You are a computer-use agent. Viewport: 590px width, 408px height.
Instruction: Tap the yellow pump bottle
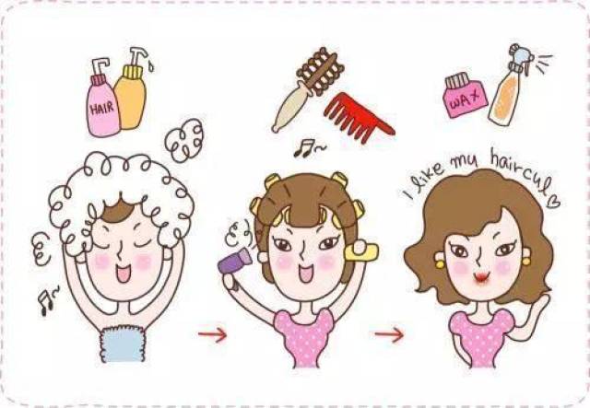pyautogui.click(x=131, y=94)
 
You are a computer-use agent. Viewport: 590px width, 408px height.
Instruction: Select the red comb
pyautogui.click(x=357, y=117)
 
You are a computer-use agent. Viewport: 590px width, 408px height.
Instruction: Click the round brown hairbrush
pyautogui.click(x=307, y=88)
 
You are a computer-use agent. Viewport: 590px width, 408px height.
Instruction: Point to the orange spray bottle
pyautogui.click(x=508, y=90)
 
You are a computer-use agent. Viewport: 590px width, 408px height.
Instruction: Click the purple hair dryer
pyautogui.click(x=234, y=261)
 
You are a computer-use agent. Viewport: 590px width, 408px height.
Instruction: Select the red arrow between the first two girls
pyautogui.click(x=213, y=334)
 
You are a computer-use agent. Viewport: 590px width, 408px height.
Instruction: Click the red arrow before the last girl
pyautogui.click(x=389, y=334)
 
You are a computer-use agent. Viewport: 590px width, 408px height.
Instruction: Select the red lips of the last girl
pyautogui.click(x=481, y=278)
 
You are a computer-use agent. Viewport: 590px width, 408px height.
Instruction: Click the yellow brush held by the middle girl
pyautogui.click(x=362, y=251)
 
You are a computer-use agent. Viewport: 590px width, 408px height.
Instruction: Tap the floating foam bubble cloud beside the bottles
pyautogui.click(x=184, y=140)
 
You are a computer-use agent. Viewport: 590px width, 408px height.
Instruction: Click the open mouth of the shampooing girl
pyautogui.click(x=123, y=274)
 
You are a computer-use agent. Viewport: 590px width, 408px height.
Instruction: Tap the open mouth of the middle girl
pyautogui.click(x=305, y=273)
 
